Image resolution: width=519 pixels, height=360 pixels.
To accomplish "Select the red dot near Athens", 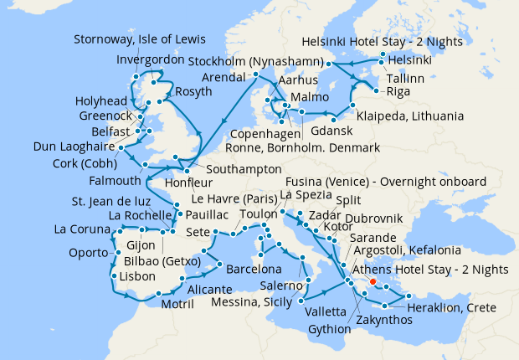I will (x=373, y=281).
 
